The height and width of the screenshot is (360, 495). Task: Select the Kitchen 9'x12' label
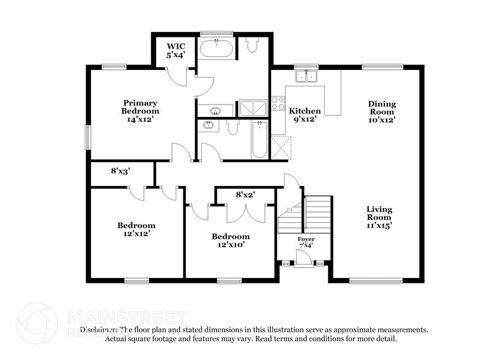[305, 115]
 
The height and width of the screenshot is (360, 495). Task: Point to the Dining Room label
[382, 112]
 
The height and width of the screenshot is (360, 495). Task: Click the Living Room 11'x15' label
[379, 217]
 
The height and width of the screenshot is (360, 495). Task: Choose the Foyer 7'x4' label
[305, 242]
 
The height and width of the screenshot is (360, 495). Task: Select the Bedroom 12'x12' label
[136, 229]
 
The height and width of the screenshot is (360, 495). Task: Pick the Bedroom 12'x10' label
[231, 241]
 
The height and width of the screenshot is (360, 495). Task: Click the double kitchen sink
[307, 77]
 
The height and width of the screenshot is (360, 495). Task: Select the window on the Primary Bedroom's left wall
[88, 136]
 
